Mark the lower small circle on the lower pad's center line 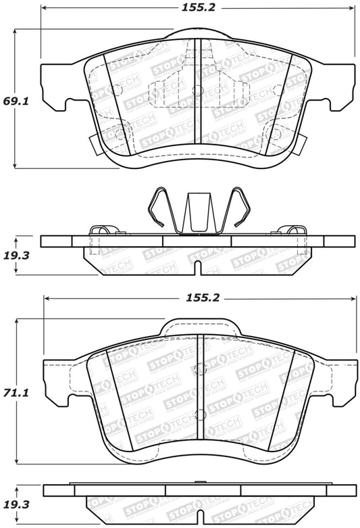pos(199,414)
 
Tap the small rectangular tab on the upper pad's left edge pos(94,140)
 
